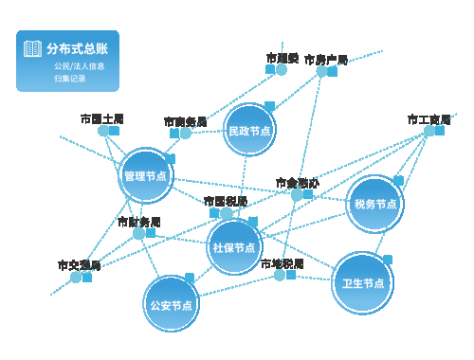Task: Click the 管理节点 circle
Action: (x=146, y=175)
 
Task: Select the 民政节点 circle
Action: (x=250, y=131)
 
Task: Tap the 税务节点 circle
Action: (x=375, y=204)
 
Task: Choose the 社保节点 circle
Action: (x=234, y=247)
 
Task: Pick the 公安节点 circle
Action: (x=171, y=305)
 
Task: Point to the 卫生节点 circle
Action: (x=363, y=282)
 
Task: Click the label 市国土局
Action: (x=101, y=118)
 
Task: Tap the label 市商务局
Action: (x=185, y=121)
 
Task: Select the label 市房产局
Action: (x=326, y=60)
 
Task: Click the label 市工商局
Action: (x=428, y=118)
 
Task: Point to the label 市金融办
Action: (x=297, y=182)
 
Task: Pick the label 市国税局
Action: (x=226, y=201)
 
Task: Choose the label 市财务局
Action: (x=138, y=222)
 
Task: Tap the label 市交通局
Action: (x=79, y=265)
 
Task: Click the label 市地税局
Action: (x=282, y=263)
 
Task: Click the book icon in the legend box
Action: (x=33, y=48)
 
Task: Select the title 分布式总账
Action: (x=77, y=48)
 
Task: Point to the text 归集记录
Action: (x=70, y=79)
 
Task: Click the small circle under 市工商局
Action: (x=428, y=131)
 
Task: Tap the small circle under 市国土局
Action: (x=102, y=131)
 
